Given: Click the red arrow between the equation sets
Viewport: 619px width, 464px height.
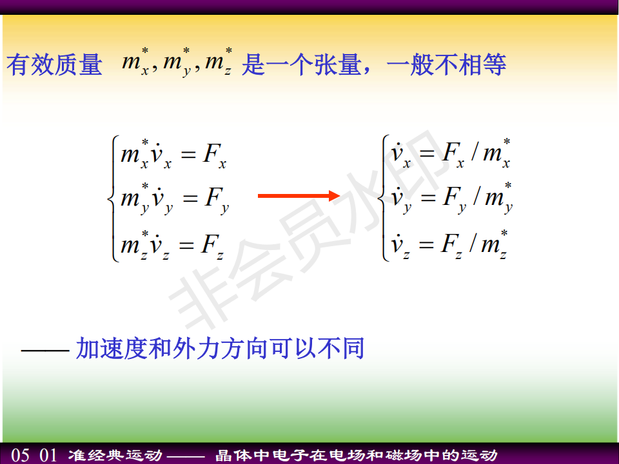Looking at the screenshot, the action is [x=299, y=196].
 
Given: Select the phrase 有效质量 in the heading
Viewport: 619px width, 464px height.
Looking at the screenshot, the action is [x=54, y=64].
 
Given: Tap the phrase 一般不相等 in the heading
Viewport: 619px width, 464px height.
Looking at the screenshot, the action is [x=446, y=64].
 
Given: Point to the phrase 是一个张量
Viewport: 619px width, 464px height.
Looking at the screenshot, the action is [x=301, y=64].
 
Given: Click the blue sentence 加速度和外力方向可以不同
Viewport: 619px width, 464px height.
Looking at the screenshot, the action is [x=220, y=349].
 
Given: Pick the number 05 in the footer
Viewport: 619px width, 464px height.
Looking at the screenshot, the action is [x=20, y=455].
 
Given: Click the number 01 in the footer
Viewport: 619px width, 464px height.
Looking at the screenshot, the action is [x=48, y=455].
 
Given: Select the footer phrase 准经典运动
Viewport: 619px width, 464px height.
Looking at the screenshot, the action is [x=115, y=456].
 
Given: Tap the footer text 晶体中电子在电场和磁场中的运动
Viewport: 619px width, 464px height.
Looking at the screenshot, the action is [x=357, y=456].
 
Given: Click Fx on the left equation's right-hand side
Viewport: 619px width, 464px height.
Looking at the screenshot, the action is [x=214, y=155].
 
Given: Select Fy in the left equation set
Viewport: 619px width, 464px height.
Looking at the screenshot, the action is [x=217, y=200].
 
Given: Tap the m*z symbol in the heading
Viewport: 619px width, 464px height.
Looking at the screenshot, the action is [x=219, y=62].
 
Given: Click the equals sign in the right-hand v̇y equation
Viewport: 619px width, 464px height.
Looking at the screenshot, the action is [x=428, y=198].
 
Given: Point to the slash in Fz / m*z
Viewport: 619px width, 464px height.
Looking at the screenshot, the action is [x=473, y=243].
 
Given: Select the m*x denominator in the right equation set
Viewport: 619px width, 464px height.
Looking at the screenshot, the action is [x=497, y=153].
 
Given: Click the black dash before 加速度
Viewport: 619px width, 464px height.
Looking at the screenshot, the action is [x=45, y=349].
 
